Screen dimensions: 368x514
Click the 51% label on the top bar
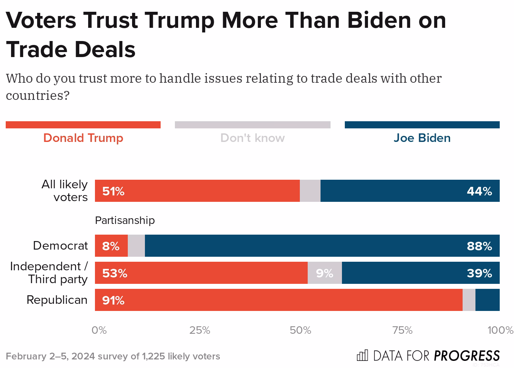pos(113,191)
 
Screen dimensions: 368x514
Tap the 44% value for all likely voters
pos(479,191)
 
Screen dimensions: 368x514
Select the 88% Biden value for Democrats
pos(479,246)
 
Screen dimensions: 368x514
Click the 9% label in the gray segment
pos(324,273)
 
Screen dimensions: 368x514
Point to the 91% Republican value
pos(113,300)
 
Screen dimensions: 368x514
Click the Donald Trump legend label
pos(83,138)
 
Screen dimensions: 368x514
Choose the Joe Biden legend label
pos(422,138)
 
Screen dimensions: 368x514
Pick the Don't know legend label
pos(252,138)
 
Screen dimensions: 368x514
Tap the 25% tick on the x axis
pos(200,330)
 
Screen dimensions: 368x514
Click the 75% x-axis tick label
pos(402,330)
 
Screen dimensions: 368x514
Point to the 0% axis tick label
pos(99,330)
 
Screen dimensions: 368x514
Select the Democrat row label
pos(60,246)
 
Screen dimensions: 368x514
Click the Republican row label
pos(57,300)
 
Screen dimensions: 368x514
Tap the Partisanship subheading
pos(125,220)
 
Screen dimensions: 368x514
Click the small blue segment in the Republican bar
pos(487,300)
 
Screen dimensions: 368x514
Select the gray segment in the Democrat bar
pos(136,246)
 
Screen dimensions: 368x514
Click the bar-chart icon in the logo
pos(362,355)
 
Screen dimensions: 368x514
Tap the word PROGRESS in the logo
pos(467,356)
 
